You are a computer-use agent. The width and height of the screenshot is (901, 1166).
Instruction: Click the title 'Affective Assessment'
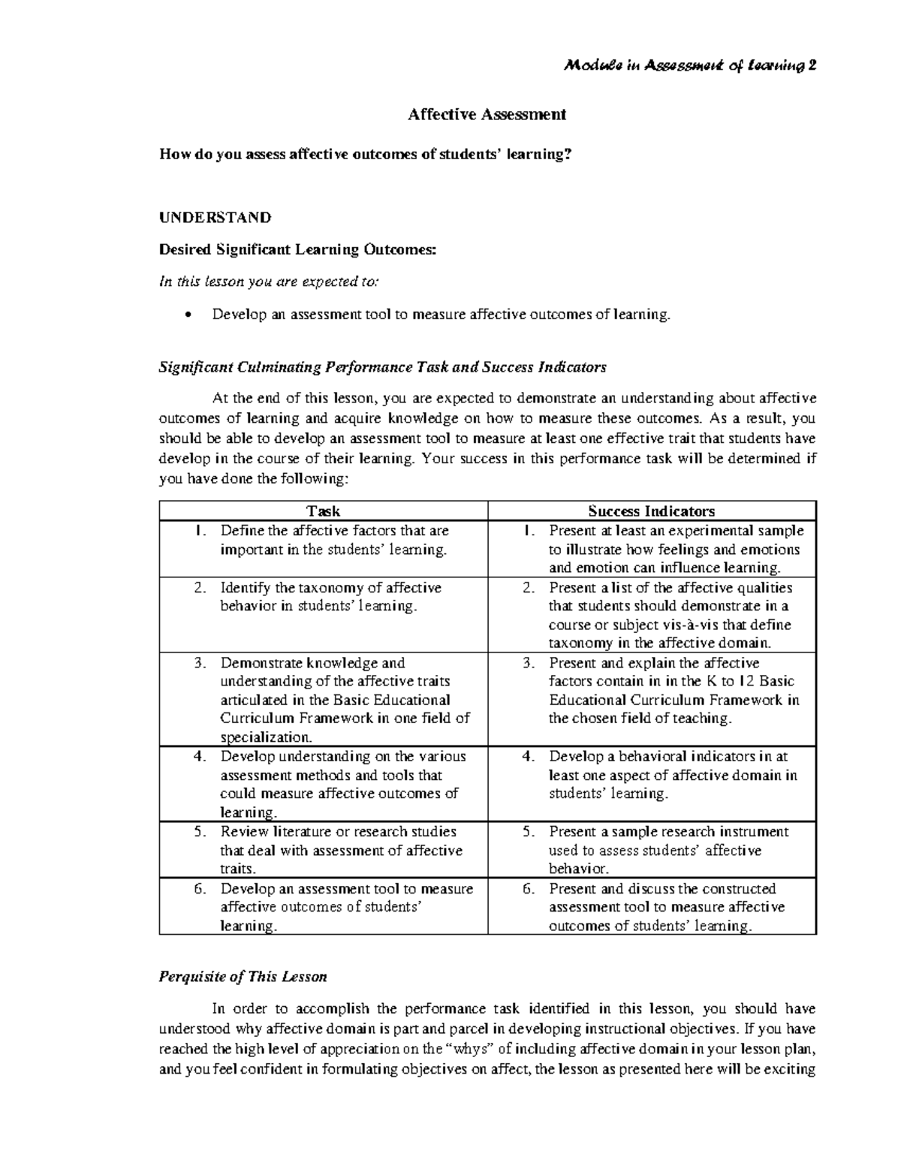pyautogui.click(x=487, y=114)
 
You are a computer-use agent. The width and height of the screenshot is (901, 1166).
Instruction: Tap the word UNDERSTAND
pyautogui.click(x=215, y=218)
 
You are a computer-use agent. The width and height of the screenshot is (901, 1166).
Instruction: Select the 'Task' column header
pyautogui.click(x=324, y=511)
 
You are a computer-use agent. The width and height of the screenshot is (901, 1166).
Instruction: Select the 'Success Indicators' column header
pyautogui.click(x=651, y=511)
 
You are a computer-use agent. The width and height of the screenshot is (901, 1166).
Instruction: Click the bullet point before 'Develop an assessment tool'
pyautogui.click(x=188, y=315)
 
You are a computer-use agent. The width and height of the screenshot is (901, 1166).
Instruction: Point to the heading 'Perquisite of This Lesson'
pyautogui.click(x=243, y=977)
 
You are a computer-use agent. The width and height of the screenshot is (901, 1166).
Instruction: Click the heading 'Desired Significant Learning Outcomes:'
pyautogui.click(x=297, y=250)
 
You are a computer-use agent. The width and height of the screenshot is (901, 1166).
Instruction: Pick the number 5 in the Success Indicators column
pyautogui.click(x=529, y=832)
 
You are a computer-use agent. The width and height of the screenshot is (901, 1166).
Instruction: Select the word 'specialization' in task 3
pyautogui.click(x=264, y=737)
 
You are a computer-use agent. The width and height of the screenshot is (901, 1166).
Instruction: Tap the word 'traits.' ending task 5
pyautogui.click(x=238, y=869)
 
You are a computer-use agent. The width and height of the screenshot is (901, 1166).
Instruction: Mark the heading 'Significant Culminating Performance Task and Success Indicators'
pyautogui.click(x=382, y=367)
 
